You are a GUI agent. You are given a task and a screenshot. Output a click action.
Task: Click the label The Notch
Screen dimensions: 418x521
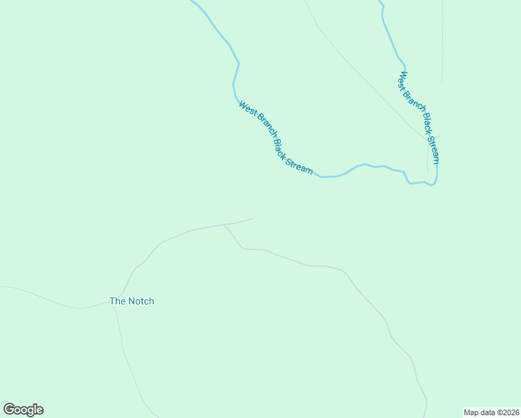[x=132, y=301]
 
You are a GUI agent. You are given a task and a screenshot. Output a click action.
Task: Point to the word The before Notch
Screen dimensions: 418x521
[x=117, y=301]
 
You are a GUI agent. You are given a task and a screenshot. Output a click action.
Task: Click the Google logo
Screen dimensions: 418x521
[x=23, y=410]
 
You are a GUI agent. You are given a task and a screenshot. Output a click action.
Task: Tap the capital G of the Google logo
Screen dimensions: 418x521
[x=9, y=409]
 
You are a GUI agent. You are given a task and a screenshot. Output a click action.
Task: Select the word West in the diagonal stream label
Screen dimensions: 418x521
[x=247, y=109]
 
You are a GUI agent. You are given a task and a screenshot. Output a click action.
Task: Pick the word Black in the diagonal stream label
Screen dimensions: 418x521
[x=281, y=147]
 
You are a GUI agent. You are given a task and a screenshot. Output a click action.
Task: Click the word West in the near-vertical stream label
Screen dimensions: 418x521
[x=404, y=80]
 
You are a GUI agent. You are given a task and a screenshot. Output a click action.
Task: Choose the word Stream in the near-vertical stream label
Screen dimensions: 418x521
[x=434, y=149]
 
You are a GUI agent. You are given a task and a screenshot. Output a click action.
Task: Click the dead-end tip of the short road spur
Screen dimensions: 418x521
[x=252, y=219]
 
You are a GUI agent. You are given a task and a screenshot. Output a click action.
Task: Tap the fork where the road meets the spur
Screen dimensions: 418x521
[x=223, y=224]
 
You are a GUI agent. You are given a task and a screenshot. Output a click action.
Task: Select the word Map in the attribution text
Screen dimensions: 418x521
[x=472, y=412]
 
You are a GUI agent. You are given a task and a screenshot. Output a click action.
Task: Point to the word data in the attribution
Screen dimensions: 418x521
[x=488, y=412]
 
